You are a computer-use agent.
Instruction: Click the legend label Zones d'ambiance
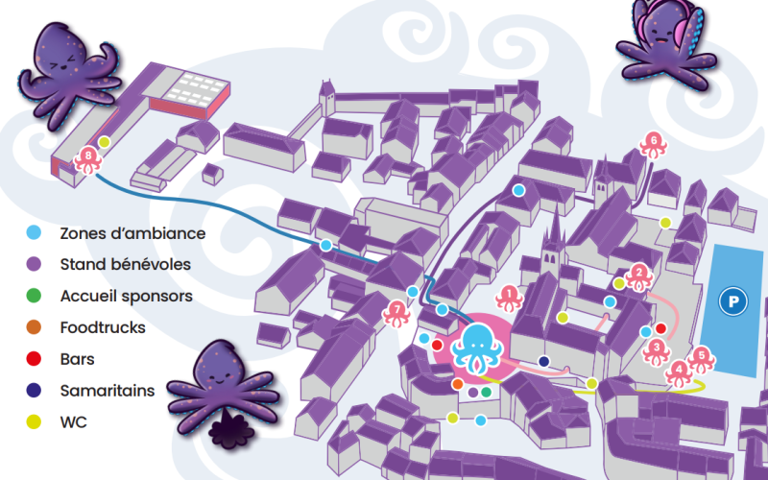(132, 233)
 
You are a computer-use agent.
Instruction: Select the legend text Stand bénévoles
(125, 264)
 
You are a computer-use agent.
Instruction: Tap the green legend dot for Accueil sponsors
(35, 296)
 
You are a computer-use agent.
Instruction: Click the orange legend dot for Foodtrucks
(35, 327)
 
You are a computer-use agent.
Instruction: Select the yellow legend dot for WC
(35, 420)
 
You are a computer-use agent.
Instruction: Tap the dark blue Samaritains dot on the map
(544, 362)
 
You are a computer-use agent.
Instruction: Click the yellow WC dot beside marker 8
(105, 142)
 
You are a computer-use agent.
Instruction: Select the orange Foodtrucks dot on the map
(457, 384)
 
